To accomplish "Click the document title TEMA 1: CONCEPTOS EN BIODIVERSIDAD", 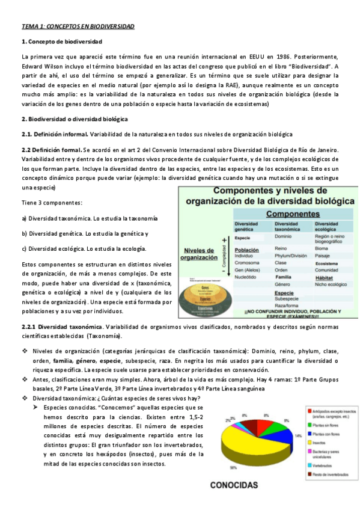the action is click(x=78, y=27).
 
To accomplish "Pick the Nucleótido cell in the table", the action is click(x=248, y=277).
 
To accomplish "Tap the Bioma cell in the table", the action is click(x=322, y=248).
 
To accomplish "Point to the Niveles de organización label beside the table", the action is click(x=199, y=254).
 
